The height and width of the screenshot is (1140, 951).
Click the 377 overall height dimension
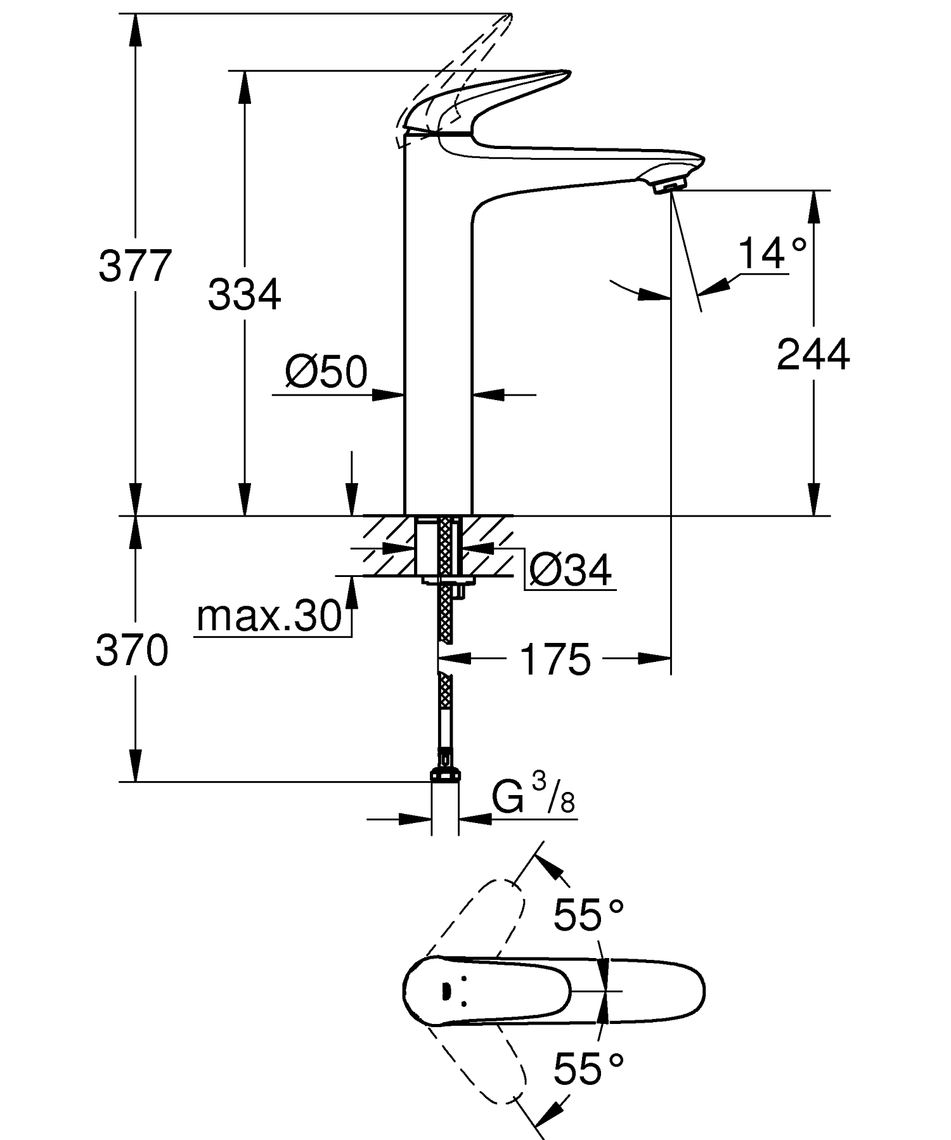coord(135,266)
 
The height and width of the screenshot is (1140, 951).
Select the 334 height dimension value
coord(244,295)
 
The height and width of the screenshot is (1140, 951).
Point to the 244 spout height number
coord(813,354)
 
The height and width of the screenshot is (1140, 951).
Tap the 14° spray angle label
coord(772,254)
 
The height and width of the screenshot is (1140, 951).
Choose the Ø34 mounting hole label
coord(570,570)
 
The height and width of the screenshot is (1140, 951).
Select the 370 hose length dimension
coord(132,651)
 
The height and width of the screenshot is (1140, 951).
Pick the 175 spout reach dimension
coord(555,659)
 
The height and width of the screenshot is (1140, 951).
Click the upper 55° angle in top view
coord(588,915)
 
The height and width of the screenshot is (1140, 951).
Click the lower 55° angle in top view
coord(588,1068)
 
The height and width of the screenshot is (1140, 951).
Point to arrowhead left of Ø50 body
coord(388,395)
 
